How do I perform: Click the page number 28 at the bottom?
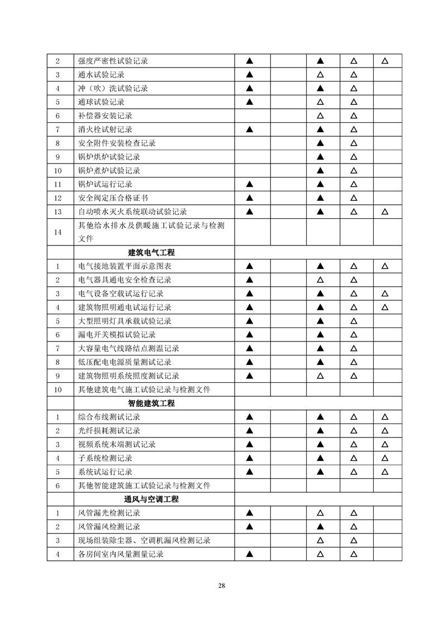(222, 585)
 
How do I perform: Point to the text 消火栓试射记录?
(106, 129)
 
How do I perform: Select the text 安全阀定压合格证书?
(113, 198)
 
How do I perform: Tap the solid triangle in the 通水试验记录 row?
(250, 75)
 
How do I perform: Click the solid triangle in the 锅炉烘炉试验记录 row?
(321, 157)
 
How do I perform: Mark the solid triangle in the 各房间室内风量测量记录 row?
(250, 554)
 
